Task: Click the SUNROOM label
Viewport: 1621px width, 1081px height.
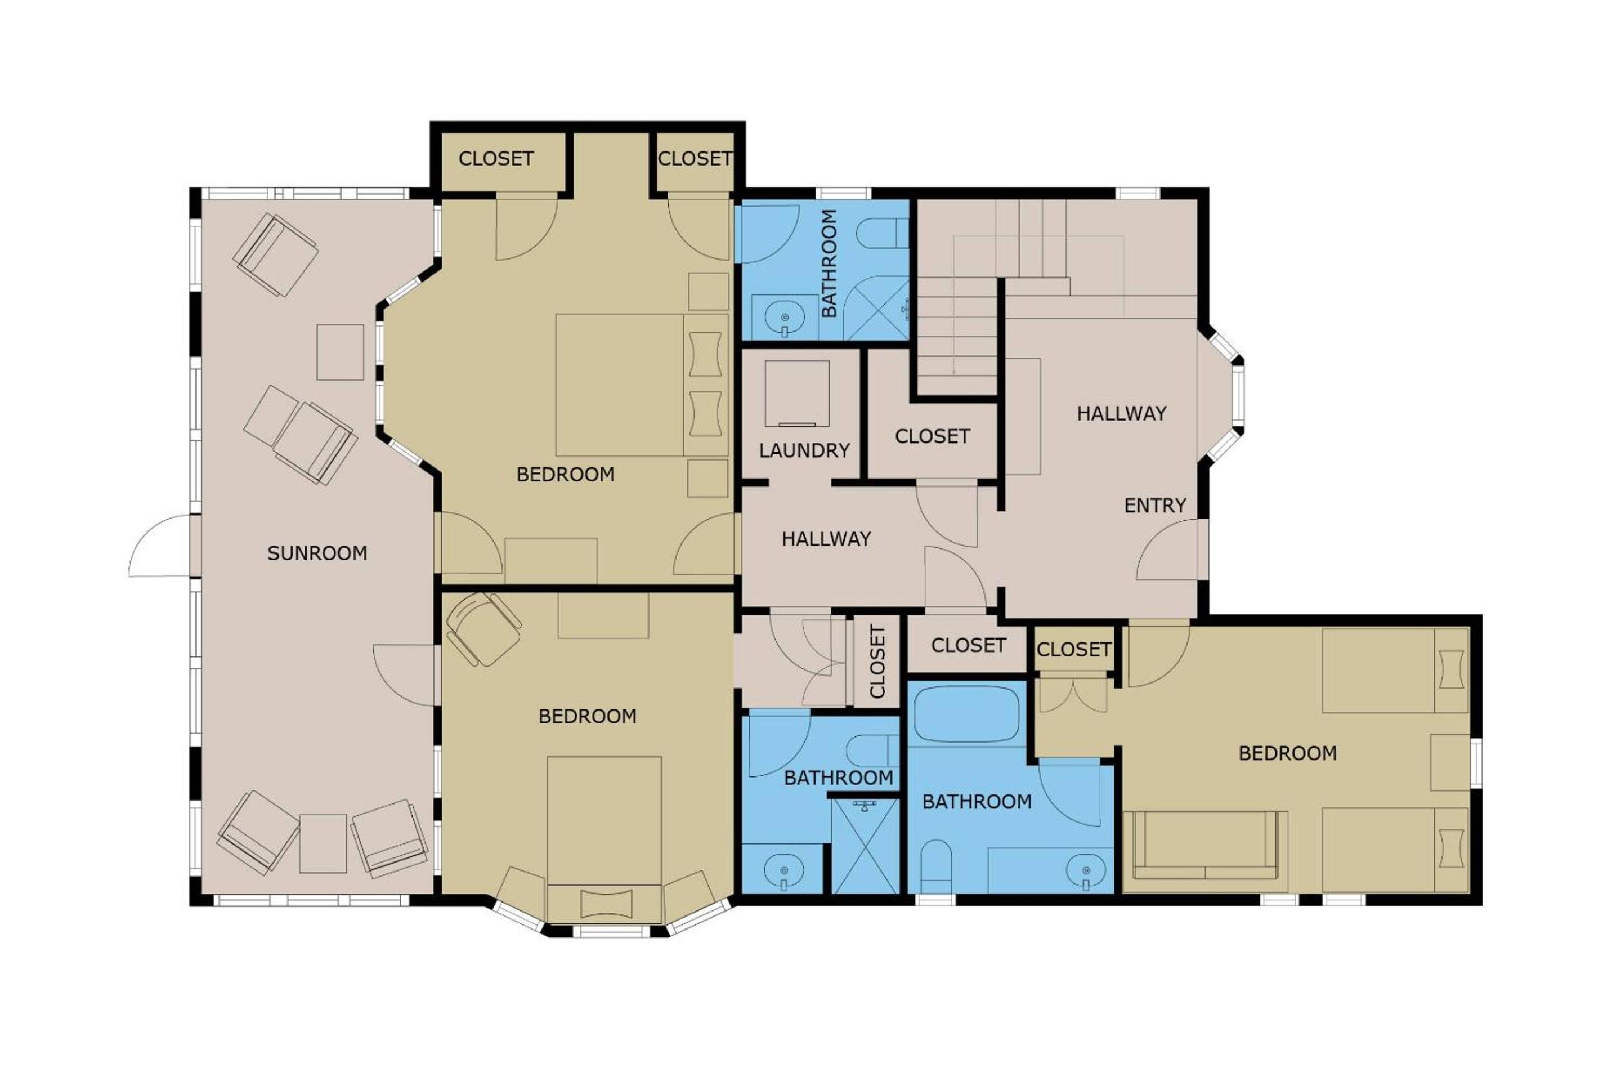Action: point(317,553)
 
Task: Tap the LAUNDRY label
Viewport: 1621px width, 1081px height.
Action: point(804,451)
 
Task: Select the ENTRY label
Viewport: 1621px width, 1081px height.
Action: point(1155,506)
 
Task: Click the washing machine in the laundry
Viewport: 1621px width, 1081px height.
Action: point(797,394)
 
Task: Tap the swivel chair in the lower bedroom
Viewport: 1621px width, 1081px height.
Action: point(482,629)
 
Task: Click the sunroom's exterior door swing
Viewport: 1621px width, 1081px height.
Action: point(160,544)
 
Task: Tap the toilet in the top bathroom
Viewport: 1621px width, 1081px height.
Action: point(884,233)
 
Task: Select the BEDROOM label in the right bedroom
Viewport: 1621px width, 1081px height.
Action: point(1287,753)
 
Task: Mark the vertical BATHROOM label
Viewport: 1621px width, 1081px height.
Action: point(829,263)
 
